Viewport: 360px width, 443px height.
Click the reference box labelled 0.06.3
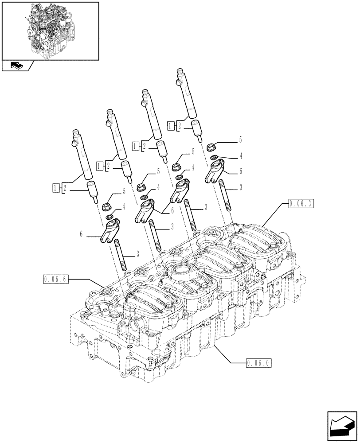point(301,204)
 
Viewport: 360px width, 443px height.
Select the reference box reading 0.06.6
point(56,279)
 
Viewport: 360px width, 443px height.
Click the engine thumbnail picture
point(50,31)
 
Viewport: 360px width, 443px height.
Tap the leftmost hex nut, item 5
point(106,206)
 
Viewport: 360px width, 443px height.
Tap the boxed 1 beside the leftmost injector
point(55,188)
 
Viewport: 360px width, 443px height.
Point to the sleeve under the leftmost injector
point(92,191)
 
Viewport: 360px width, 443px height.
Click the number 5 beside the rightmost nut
point(240,140)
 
